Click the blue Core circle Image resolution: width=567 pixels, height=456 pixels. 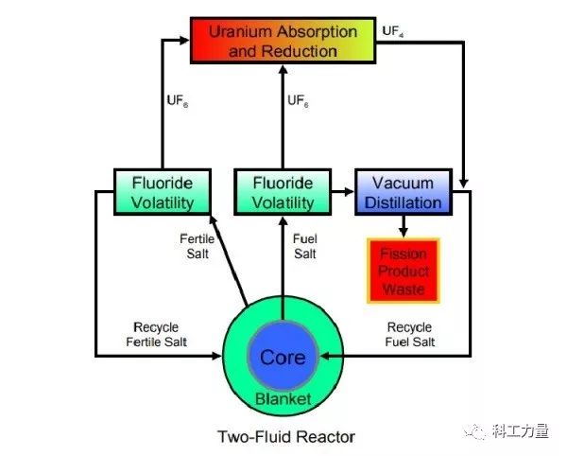(283, 358)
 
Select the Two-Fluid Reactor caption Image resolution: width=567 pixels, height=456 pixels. (283, 436)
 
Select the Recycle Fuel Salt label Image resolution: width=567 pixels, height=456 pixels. (410, 332)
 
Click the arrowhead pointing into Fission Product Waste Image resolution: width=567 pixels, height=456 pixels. (404, 230)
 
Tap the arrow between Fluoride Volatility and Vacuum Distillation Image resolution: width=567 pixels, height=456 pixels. (338, 190)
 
